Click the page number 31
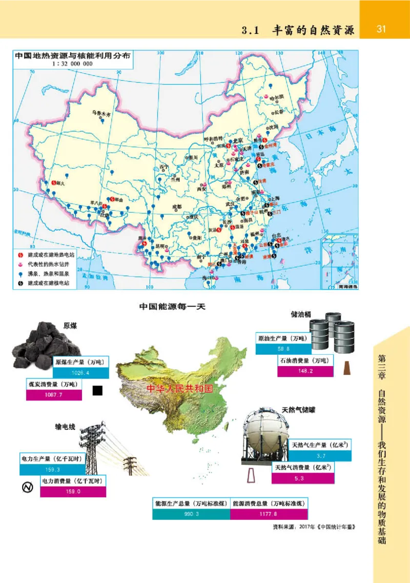point(381,29)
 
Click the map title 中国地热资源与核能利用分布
point(72,55)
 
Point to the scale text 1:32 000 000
point(72,64)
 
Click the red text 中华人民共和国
point(179,388)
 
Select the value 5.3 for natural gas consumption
point(302,478)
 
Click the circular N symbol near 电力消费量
point(28,487)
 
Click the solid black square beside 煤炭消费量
point(97,391)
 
